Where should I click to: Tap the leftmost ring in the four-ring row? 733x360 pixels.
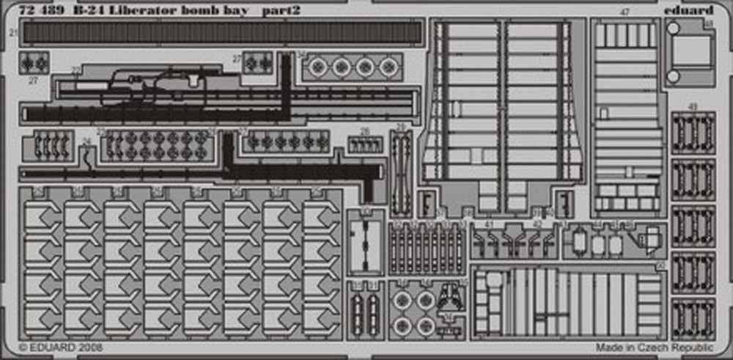[x=318, y=67]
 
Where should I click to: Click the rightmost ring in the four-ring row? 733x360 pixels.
[x=389, y=67]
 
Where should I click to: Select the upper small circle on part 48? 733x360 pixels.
[x=674, y=29]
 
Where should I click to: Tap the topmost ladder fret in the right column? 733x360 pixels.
[x=693, y=133]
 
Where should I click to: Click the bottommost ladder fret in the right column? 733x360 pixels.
[x=693, y=319]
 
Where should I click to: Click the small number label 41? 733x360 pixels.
[x=490, y=224]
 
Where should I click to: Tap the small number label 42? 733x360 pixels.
[x=537, y=224]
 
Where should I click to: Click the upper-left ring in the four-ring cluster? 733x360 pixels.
[x=402, y=299]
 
